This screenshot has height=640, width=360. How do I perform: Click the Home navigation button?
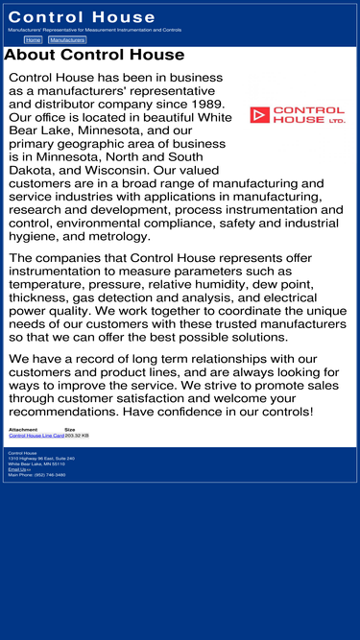point(33,40)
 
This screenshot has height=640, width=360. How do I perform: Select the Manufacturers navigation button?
point(67,40)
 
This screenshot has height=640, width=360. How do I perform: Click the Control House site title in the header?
point(82,17)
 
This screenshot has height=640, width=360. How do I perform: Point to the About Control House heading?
point(94,55)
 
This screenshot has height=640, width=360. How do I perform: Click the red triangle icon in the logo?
point(259,115)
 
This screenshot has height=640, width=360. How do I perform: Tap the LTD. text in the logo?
point(336,121)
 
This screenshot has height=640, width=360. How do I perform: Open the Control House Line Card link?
point(36,436)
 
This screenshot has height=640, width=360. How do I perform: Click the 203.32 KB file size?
point(77,436)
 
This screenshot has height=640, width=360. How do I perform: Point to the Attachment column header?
point(23,429)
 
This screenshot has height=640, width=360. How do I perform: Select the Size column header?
point(70,429)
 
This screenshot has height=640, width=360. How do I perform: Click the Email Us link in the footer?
point(18,469)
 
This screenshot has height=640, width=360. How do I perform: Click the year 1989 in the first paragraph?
point(205,104)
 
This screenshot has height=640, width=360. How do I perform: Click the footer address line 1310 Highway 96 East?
point(41,459)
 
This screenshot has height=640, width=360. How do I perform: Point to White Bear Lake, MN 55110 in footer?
point(37,463)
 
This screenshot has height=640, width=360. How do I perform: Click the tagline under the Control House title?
point(94,30)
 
